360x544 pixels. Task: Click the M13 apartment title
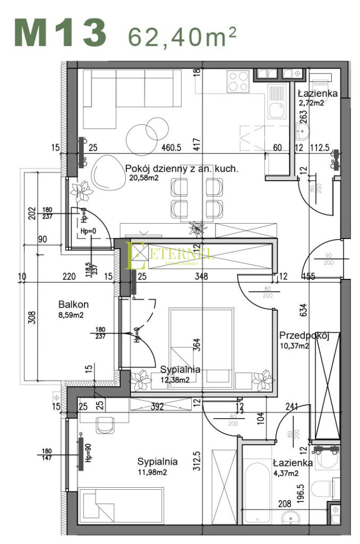[60, 33]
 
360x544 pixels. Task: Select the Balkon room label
[73, 304]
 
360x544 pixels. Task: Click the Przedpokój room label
[305, 336]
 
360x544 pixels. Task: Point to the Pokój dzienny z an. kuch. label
[182, 169]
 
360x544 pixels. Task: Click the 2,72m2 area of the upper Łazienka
[311, 103]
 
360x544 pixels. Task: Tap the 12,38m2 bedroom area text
[180, 379]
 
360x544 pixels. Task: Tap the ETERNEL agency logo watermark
[170, 255]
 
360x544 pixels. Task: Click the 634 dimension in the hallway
[303, 310]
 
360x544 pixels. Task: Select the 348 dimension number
[201, 276]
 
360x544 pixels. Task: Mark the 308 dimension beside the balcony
[32, 317]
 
